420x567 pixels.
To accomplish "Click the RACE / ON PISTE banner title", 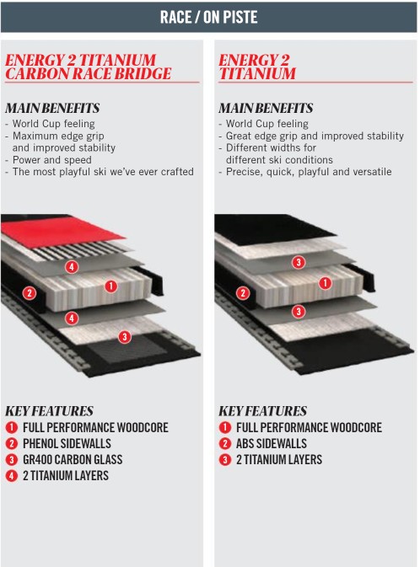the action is tap(209, 17).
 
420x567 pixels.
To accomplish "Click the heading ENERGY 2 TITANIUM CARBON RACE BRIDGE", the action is tap(88, 67).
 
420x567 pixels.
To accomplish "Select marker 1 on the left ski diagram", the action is tap(110, 286).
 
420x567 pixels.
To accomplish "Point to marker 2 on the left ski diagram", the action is tap(30, 293).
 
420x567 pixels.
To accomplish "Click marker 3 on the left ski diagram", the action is tap(125, 337).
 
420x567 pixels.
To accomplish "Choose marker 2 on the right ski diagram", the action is tap(243, 293).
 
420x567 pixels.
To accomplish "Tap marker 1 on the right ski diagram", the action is tap(325, 283).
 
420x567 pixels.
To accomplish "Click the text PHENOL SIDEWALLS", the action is tap(67, 443).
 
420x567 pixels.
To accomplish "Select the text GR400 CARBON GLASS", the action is tap(73, 460).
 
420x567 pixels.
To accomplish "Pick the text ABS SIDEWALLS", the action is tap(272, 443).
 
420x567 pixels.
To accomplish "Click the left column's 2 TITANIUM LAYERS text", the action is tap(66, 475).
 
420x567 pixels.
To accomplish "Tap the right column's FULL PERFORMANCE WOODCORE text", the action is tap(310, 427).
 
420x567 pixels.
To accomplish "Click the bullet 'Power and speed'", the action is tap(51, 160).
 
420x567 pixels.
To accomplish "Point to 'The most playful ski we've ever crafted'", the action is tap(103, 172).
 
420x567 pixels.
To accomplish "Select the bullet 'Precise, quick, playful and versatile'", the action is tap(309, 172).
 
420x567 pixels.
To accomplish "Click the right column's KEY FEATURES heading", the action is tap(263, 411).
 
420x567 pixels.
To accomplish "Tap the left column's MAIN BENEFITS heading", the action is tap(52, 108).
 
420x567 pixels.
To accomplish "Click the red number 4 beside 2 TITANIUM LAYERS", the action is tap(12, 475).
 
